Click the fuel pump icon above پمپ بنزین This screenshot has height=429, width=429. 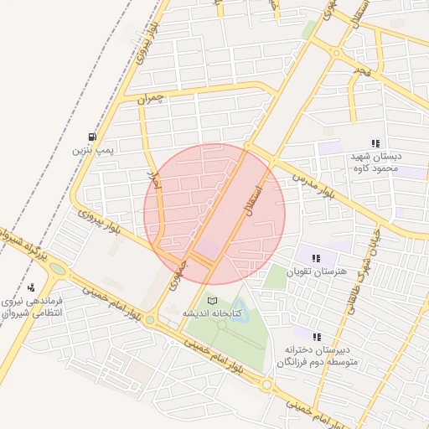tap(91, 137)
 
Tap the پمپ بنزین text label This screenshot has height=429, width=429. tap(91, 151)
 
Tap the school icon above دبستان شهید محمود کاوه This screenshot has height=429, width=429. tap(375, 143)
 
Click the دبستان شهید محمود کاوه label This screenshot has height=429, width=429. tap(375, 163)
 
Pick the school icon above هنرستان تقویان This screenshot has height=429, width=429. tap(316, 258)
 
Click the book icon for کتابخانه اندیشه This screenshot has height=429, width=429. tap(212, 300)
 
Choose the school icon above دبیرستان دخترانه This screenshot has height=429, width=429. tap(316, 336)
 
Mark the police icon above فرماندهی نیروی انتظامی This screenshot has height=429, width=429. tap(32, 287)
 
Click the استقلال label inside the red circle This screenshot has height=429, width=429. tap(254, 200)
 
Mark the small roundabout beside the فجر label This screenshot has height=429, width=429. tap(335, 53)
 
